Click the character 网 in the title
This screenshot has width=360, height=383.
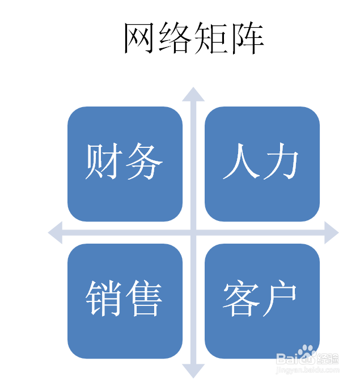(x=139, y=38)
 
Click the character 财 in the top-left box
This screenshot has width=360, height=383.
(x=104, y=161)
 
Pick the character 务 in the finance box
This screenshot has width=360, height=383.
(x=144, y=161)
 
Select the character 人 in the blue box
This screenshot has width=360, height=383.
(x=241, y=161)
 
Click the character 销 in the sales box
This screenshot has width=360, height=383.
(x=104, y=299)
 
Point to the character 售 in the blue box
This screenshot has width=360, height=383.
(x=144, y=299)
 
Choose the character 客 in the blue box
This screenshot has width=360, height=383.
(x=241, y=299)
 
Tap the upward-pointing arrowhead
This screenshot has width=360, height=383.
(x=193, y=94)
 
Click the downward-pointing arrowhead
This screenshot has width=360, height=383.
(x=193, y=371)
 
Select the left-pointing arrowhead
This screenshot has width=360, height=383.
(x=55, y=232)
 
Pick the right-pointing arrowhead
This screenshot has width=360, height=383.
(x=332, y=232)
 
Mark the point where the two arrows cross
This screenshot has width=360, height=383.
(x=193, y=232)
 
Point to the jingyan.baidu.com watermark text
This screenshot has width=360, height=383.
(x=307, y=370)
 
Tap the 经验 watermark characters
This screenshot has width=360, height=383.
(x=328, y=359)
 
